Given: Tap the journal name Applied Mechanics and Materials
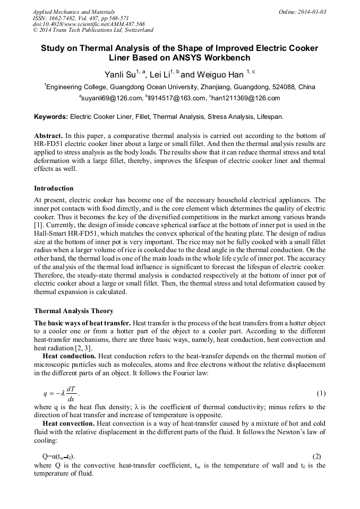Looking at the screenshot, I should (x=74, y=12).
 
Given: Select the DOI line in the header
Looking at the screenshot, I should (x=89, y=24).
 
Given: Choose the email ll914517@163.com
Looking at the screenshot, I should (x=178, y=98).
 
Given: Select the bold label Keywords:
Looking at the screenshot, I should (x=51, y=116).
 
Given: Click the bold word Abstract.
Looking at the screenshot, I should (x=48, y=136).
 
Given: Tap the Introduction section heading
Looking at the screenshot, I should (x=54, y=188).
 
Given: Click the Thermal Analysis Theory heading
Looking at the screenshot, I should (x=73, y=310).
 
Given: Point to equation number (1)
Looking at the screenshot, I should (x=321, y=393).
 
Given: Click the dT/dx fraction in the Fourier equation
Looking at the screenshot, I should (x=71, y=394).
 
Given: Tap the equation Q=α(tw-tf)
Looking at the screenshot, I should (x=58, y=456).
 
